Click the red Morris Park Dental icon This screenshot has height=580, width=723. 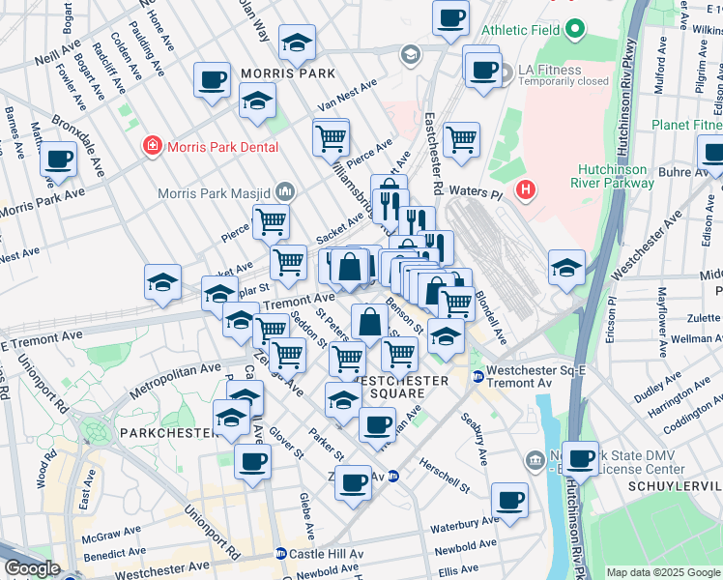click(152, 147)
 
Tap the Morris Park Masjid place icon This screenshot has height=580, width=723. click(284, 191)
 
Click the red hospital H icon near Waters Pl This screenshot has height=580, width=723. click(526, 189)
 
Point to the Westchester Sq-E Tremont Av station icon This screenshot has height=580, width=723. click(477, 375)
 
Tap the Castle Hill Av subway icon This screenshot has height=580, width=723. click(280, 554)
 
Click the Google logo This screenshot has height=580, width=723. click(31, 568)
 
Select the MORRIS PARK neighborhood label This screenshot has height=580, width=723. click(288, 73)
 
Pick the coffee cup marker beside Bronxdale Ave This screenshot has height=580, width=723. click(58, 159)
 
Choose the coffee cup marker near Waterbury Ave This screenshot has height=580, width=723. click(509, 500)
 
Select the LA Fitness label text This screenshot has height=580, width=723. click(549, 70)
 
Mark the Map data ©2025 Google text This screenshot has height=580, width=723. click(662, 572)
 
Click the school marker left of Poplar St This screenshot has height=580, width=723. click(163, 281)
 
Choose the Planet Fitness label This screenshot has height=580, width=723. click(686, 125)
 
